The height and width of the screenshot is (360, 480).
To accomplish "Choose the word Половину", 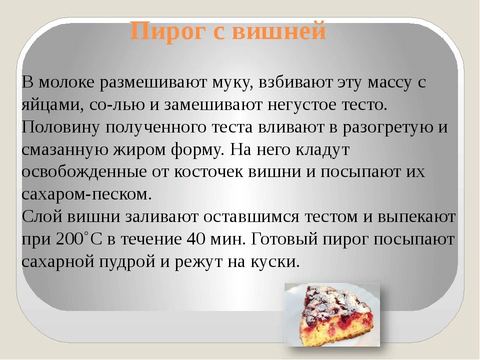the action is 60,127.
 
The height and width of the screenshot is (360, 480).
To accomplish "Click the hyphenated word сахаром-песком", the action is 86,194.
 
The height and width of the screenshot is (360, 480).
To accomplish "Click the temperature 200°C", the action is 78,239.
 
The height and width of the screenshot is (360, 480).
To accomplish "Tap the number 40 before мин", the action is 196,239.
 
